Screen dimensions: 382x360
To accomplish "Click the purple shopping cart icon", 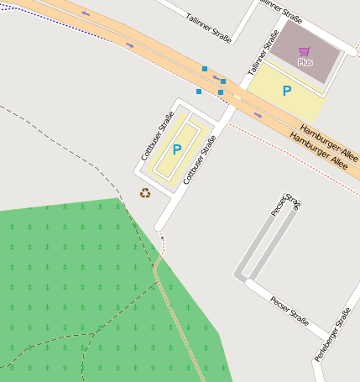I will (x=304, y=51).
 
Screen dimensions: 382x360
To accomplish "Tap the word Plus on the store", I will (x=305, y=62).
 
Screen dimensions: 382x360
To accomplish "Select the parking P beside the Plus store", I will (x=287, y=91).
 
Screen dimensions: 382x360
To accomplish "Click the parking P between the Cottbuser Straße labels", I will (x=176, y=149).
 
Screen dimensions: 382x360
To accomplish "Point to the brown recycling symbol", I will (x=145, y=193).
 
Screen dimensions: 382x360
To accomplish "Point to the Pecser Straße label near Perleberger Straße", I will (x=290, y=311).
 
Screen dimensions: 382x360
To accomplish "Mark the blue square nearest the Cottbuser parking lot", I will (x=199, y=91).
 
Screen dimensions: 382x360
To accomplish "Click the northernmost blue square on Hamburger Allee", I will (x=205, y=69).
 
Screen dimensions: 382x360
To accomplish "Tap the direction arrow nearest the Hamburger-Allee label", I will (x=258, y=115).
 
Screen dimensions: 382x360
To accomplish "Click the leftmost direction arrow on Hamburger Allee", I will (x=86, y=14).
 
